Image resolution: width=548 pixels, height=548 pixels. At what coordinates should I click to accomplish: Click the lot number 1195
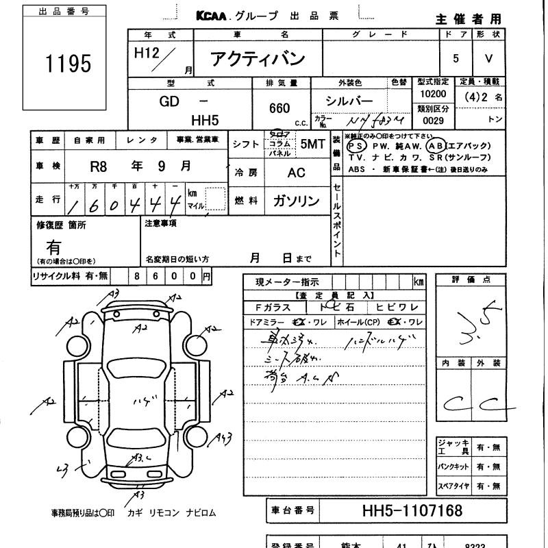(x=68, y=63)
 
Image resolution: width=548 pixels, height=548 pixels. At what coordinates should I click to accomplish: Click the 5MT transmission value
(x=312, y=144)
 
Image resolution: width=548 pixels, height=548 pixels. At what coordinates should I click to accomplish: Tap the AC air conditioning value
(x=296, y=173)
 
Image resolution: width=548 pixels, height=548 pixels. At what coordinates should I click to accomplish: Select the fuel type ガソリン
(x=296, y=201)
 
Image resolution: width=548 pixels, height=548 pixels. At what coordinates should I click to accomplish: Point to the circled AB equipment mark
(x=434, y=146)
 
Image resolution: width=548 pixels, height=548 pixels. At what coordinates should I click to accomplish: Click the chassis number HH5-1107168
(x=411, y=511)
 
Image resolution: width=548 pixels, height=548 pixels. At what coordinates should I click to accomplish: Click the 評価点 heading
(x=471, y=279)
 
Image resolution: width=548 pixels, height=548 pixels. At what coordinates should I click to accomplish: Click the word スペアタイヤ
(x=453, y=486)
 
